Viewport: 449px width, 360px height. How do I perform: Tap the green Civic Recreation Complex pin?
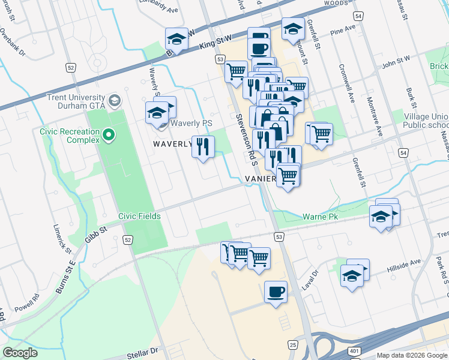pos(109,135)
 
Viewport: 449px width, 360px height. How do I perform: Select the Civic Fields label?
pos(136,217)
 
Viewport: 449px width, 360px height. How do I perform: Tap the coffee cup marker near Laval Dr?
pos(276,292)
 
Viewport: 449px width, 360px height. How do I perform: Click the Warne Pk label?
pos(323,216)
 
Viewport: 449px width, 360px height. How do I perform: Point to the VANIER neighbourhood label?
pos(260,179)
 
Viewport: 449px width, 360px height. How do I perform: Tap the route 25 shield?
pos(292,344)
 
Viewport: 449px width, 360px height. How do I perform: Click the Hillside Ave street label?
pos(403,263)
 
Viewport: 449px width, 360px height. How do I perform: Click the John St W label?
pos(395,60)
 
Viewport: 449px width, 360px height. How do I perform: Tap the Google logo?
pos(20,353)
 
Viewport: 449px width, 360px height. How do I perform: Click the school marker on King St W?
pos(176,39)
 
